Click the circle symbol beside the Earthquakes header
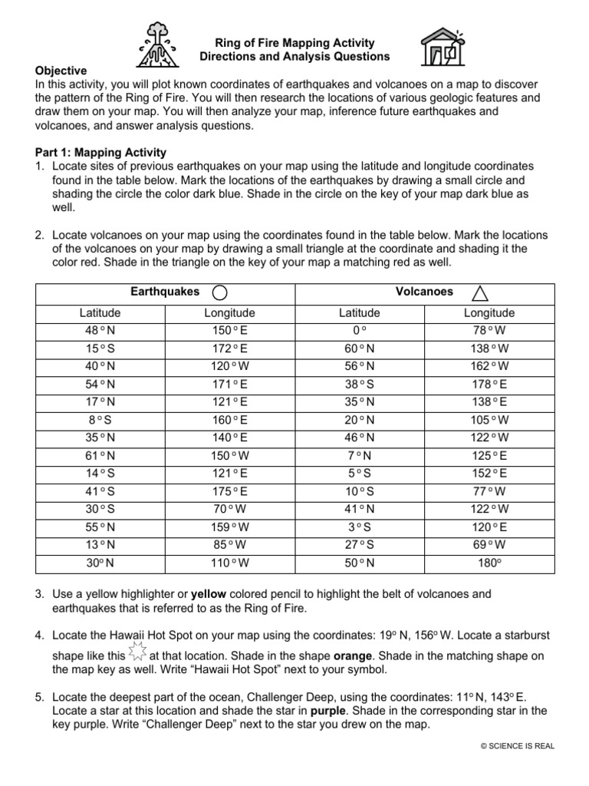(x=219, y=292)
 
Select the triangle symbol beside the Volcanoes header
(x=481, y=292)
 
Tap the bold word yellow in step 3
(x=208, y=594)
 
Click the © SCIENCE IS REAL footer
(x=517, y=745)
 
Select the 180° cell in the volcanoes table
(x=489, y=563)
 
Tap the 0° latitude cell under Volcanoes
(x=359, y=331)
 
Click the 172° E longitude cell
(x=229, y=348)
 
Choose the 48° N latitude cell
(x=100, y=331)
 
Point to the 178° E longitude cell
(x=489, y=384)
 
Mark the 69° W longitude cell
(x=489, y=545)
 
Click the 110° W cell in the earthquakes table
(x=229, y=563)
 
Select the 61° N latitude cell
(x=100, y=456)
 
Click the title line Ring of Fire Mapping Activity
(x=294, y=43)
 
